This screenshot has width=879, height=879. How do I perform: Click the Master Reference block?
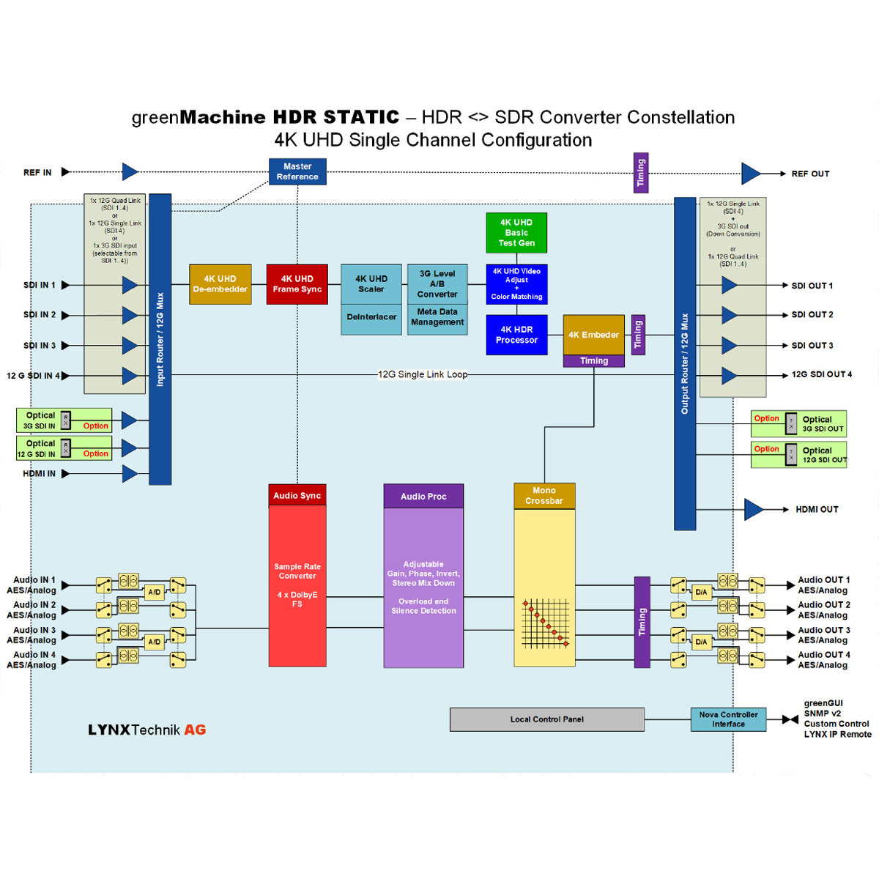[297, 171]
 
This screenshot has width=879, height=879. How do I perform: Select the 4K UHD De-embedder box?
[220, 284]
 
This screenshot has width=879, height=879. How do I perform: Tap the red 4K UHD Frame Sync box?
[297, 284]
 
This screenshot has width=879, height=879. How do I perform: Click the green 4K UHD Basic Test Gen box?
[516, 232]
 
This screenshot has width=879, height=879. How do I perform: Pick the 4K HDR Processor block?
[516, 335]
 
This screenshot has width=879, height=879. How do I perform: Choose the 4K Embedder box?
[593, 335]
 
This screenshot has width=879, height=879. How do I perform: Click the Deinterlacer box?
[371, 317]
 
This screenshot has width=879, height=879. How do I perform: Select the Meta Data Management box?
[437, 317]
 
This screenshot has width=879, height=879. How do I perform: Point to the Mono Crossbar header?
[544, 496]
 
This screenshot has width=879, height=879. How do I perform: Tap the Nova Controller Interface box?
[728, 719]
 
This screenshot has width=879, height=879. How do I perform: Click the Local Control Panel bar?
[547, 719]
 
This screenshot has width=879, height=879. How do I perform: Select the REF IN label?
[37, 173]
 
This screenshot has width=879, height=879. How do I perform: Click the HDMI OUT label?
[817, 509]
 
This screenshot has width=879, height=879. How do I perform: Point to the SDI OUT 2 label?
[812, 315]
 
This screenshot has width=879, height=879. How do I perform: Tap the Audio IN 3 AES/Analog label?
[32, 635]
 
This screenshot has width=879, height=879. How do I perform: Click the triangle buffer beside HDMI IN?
[129, 474]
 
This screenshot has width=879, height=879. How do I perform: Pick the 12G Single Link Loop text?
[423, 374]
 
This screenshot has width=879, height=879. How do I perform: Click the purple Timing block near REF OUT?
[640, 173]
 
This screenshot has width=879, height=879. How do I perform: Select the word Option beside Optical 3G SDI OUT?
[766, 418]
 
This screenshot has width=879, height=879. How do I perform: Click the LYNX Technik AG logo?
[146, 730]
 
